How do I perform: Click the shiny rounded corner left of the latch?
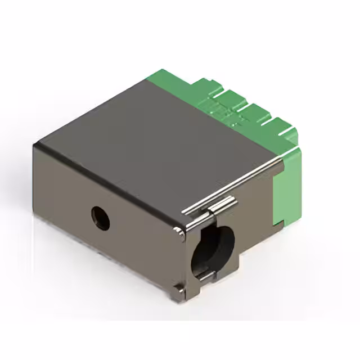pyautogui.click(x=178, y=231)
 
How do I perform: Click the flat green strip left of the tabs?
pyautogui.click(x=169, y=76)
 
